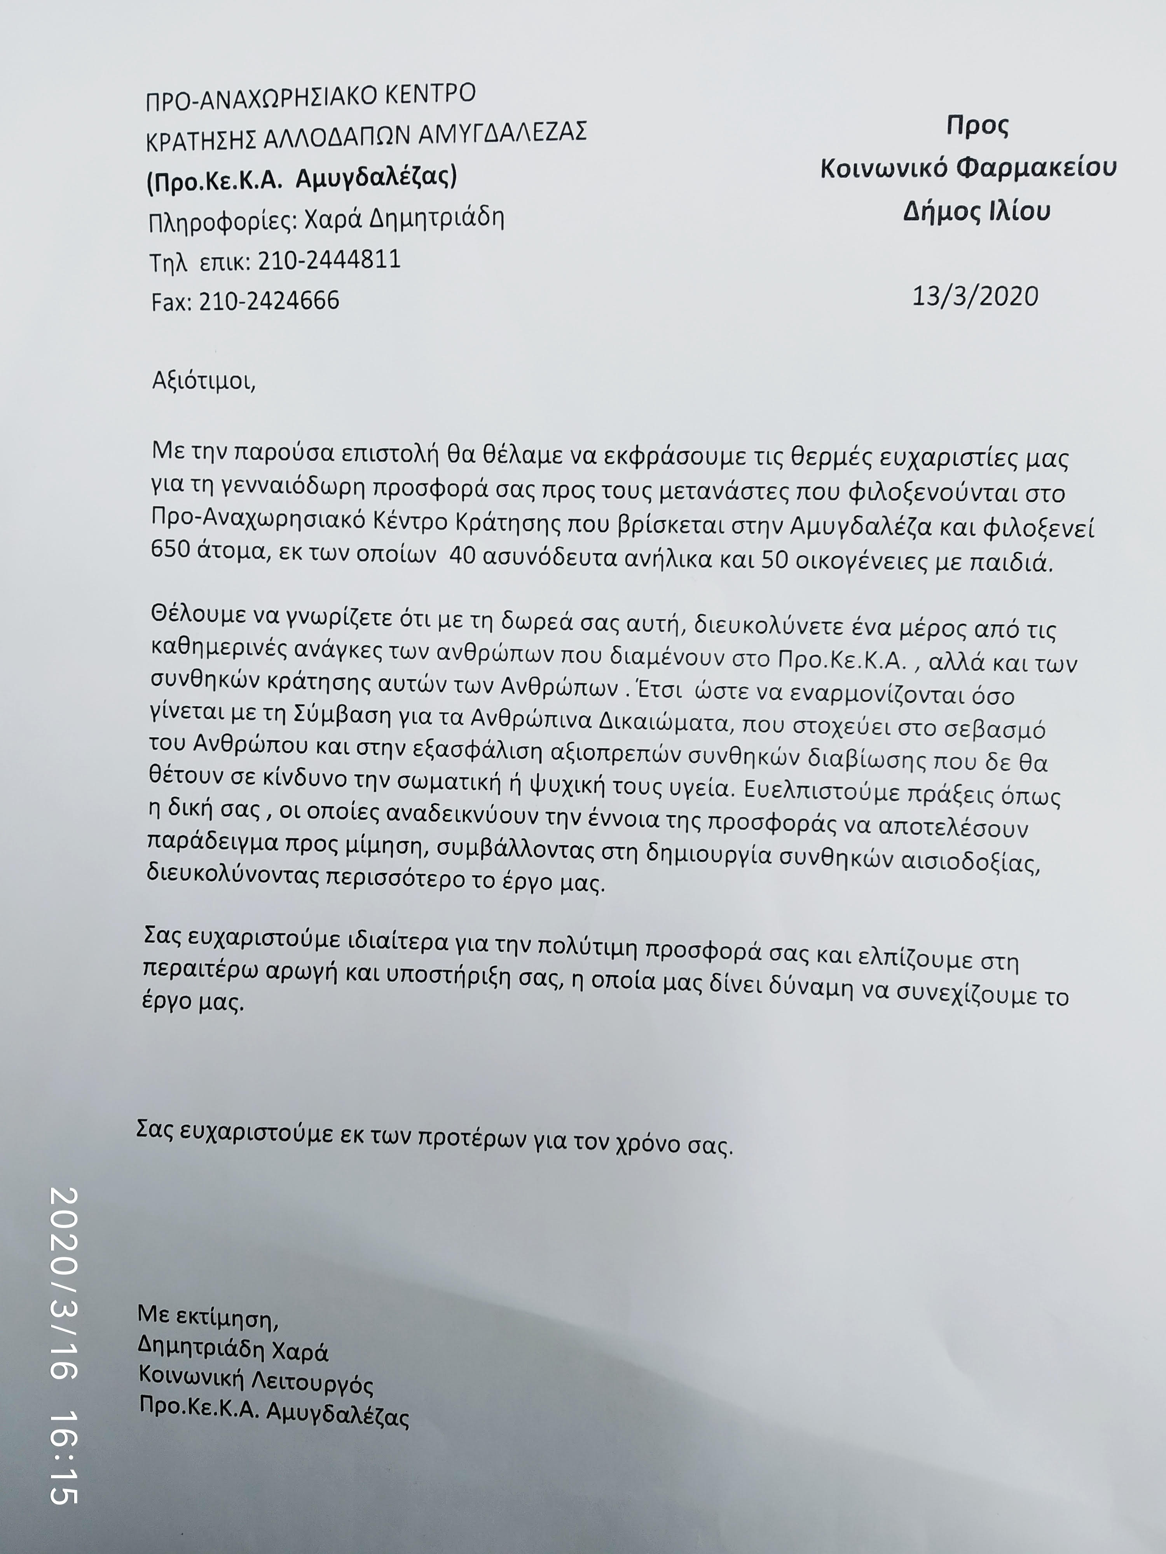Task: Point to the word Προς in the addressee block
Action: (977, 126)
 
